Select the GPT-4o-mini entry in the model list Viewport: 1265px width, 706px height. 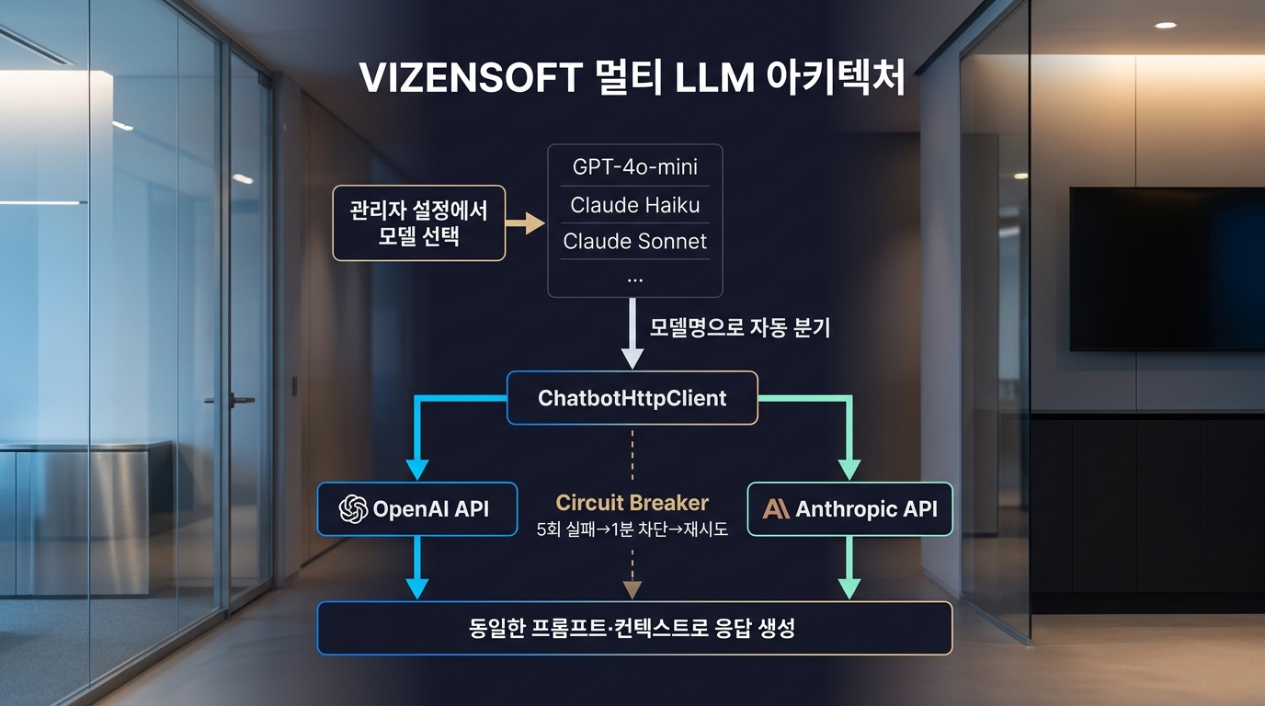point(634,166)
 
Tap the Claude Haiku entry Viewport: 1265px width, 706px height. point(634,204)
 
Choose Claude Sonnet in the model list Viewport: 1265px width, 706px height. point(634,241)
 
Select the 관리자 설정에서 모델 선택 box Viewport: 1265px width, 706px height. point(418,223)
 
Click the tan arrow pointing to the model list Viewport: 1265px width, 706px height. point(526,223)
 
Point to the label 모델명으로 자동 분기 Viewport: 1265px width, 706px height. point(739,327)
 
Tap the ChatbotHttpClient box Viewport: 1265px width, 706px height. point(632,398)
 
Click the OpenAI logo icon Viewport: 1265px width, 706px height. point(353,508)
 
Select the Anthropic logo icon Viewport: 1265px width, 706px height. point(776,508)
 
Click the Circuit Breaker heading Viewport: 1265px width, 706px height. point(632,503)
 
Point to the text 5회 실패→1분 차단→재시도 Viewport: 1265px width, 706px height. point(632,529)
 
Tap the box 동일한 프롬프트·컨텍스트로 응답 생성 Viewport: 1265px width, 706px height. point(634,629)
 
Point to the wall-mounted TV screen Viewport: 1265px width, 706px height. point(1167,268)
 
